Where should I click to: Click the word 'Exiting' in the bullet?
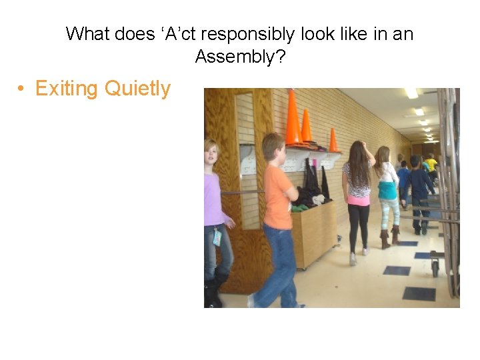[65, 89]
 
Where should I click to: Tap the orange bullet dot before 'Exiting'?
[22, 89]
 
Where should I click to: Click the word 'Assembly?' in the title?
[240, 57]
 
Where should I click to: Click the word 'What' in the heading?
[88, 33]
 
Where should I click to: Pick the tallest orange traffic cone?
[293, 118]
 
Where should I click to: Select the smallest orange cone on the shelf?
[333, 140]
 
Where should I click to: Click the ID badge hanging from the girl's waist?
[217, 237]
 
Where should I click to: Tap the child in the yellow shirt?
[431, 163]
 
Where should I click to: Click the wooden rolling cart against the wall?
[314, 233]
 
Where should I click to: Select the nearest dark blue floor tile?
[419, 293]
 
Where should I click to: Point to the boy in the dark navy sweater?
[419, 190]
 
